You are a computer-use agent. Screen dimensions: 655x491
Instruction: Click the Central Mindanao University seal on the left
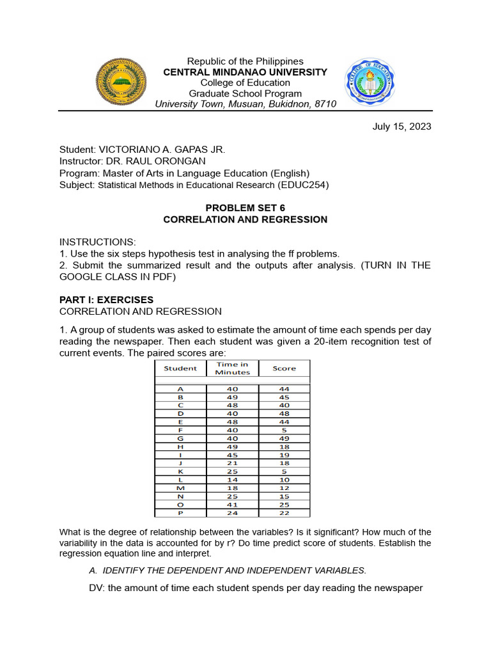[121, 81]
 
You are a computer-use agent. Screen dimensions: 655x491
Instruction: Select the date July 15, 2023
[401, 126]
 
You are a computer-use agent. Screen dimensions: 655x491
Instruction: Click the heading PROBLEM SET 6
[245, 208]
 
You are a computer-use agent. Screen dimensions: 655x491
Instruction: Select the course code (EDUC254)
[303, 185]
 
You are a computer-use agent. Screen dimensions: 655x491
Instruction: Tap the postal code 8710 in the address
[324, 104]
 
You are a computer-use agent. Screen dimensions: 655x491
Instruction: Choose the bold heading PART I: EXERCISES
[106, 299]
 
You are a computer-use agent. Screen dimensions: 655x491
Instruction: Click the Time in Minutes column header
[232, 368]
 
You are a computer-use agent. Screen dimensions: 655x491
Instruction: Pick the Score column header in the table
[284, 368]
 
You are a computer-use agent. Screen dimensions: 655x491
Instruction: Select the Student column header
[180, 368]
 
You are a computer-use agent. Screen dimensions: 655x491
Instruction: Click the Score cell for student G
[284, 438]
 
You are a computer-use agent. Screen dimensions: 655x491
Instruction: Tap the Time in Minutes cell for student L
[232, 479]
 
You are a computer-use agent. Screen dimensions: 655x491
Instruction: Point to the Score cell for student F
[284, 430]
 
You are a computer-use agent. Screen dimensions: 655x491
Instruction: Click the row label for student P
[180, 512]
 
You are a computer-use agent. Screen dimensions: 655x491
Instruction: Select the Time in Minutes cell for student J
[232, 462]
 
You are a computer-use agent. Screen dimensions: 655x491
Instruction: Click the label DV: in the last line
[97, 588]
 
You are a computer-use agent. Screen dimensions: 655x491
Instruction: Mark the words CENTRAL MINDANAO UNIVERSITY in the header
[245, 72]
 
